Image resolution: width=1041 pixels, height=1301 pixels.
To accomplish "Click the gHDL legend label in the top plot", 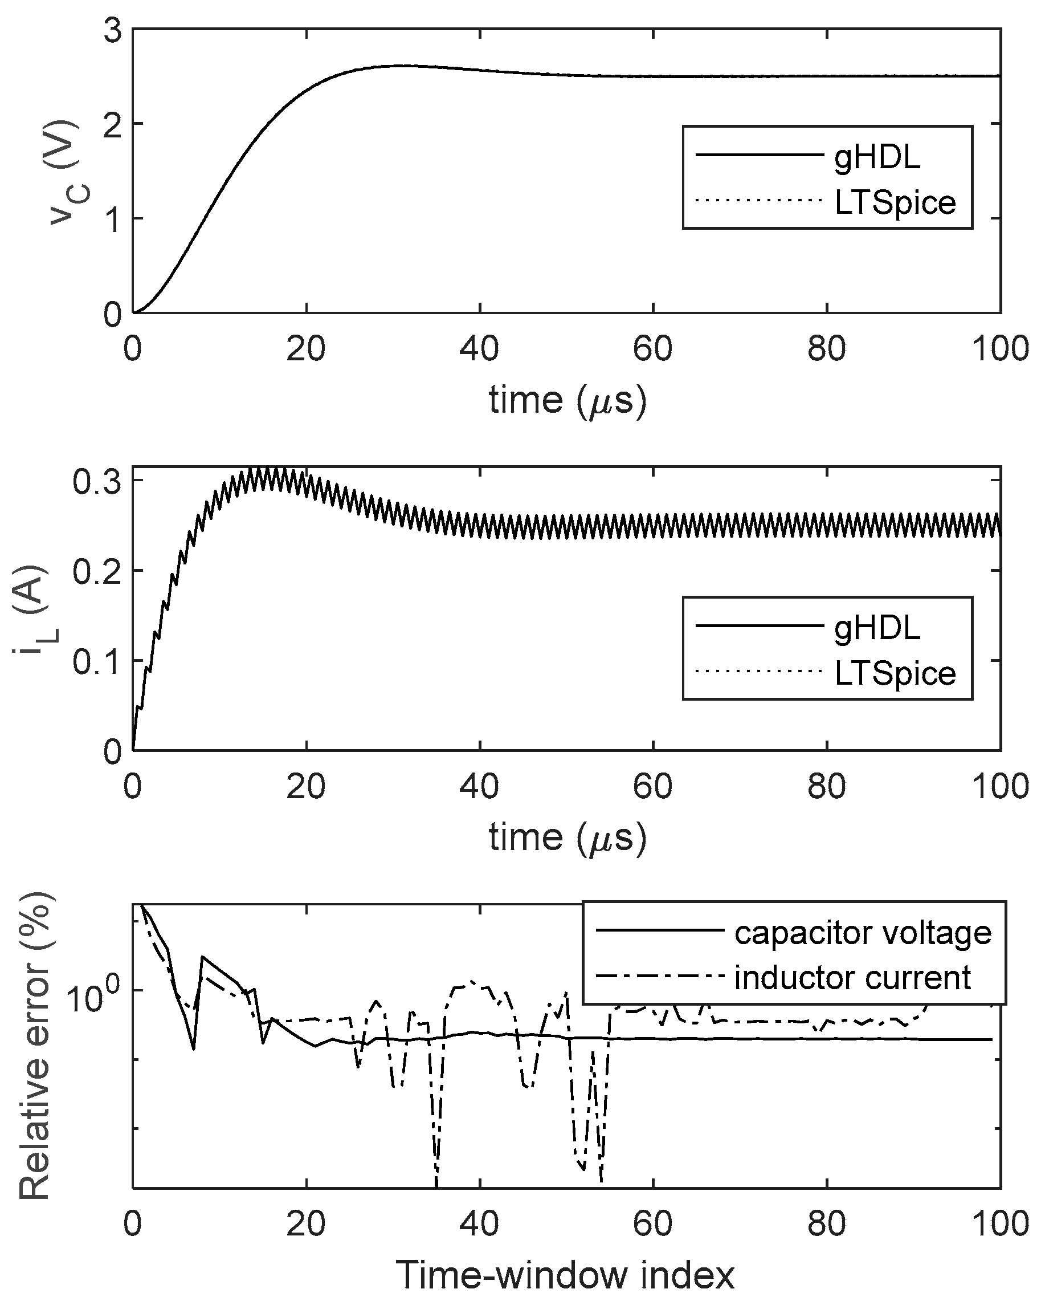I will point(877,157).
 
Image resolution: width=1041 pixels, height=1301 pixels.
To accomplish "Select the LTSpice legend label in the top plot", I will point(895,203).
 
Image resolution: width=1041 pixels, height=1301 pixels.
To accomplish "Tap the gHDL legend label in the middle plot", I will point(877,628).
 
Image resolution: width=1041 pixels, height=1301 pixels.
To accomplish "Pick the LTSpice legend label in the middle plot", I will point(895,673).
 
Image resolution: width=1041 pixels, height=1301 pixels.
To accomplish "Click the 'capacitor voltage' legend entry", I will point(863,933).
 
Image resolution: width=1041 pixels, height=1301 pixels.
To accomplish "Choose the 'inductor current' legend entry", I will point(852,978).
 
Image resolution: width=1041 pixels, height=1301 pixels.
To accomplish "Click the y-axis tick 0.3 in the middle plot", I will point(96,482).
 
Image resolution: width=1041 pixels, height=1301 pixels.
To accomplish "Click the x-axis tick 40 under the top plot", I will point(480,349).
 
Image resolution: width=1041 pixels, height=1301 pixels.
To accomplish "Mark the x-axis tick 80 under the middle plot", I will point(826,787).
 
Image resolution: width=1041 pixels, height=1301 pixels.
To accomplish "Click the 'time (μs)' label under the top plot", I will point(567,400).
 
